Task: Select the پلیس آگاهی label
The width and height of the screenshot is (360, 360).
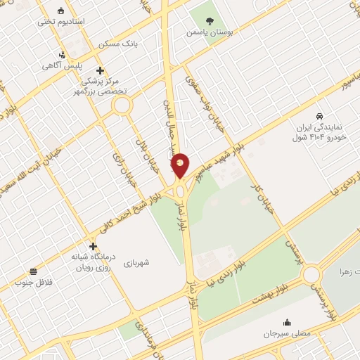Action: tap(62, 65)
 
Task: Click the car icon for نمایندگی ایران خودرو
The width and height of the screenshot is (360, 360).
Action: tap(319, 115)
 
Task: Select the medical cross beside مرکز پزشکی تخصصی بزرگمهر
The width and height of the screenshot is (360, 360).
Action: tap(101, 70)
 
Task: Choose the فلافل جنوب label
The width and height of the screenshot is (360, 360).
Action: tap(33, 282)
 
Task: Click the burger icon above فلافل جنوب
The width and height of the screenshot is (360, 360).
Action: tap(33, 271)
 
